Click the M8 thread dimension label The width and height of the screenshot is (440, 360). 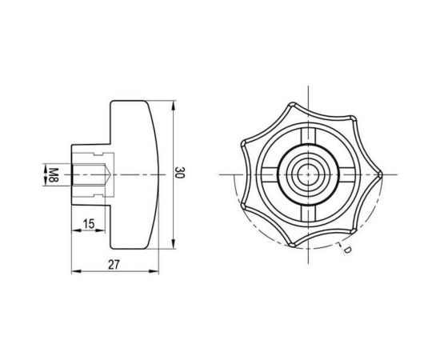(54, 175)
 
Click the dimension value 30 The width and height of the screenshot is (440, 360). (179, 173)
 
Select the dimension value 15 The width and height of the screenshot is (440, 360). (89, 224)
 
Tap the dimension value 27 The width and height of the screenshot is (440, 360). (114, 265)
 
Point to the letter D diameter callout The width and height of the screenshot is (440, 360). (347, 250)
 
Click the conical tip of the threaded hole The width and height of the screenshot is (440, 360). (111, 175)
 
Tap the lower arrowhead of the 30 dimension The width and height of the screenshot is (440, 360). (173, 244)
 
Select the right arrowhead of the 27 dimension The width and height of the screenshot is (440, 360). (154, 271)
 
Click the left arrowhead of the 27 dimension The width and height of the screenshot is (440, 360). (76, 271)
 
